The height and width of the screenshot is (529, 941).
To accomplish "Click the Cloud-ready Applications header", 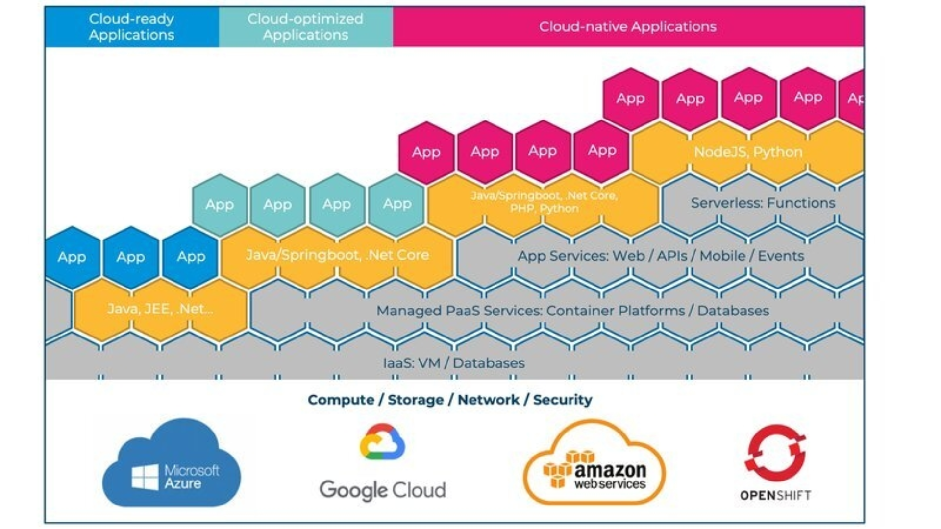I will (131, 27).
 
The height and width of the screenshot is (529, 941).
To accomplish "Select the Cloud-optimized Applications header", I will (305, 27).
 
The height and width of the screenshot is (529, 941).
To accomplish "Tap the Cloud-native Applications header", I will (628, 27).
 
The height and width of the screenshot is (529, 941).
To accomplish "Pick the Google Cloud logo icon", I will (382, 442).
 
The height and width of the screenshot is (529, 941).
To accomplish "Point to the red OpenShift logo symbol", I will (775, 453).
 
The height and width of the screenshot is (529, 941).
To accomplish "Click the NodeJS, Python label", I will (748, 152).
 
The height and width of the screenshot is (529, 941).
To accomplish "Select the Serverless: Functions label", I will (763, 203).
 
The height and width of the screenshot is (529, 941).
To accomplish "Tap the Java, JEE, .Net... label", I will (160, 309).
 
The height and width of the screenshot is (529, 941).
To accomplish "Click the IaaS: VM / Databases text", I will (454, 363).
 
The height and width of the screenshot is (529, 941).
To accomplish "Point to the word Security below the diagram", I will (563, 400).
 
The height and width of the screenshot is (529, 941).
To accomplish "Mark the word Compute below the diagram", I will (341, 400).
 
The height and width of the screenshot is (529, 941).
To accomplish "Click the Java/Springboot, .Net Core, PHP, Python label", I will (544, 202).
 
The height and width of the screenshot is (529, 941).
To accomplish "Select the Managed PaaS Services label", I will (572, 311).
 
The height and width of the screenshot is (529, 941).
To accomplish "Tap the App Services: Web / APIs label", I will (661, 256).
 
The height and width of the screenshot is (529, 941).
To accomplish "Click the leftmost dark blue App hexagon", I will (72, 257).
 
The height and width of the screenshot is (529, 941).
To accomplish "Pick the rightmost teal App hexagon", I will (397, 204).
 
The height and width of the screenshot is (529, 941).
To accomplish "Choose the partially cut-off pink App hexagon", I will (854, 99).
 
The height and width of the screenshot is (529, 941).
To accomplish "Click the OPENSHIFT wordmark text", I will (775, 495).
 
